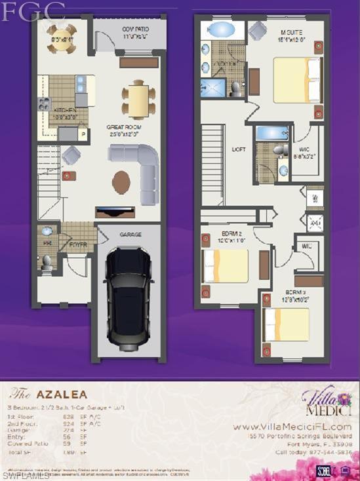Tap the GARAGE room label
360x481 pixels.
tap(130, 234)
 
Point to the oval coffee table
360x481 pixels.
tap(121, 182)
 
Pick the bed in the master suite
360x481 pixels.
tap(296, 80)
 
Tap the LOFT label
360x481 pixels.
tap(239, 149)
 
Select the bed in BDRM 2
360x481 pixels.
tap(226, 266)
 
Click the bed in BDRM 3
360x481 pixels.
tap(287, 324)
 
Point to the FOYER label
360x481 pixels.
tap(78, 246)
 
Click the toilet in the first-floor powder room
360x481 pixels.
tap(47, 262)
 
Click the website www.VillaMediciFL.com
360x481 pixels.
tap(292, 427)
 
